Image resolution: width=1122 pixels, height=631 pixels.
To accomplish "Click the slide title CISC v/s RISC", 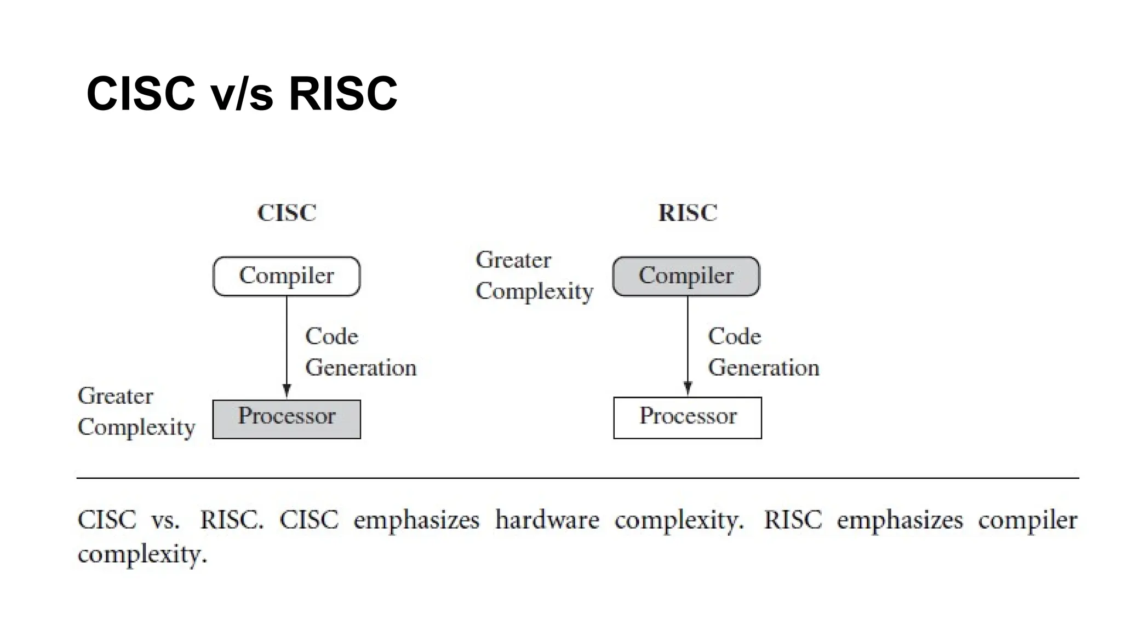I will pyautogui.click(x=242, y=94).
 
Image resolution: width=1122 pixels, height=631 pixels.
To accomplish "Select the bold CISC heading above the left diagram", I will pyautogui.click(x=287, y=213).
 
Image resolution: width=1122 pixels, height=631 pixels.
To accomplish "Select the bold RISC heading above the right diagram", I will pyautogui.click(x=688, y=213).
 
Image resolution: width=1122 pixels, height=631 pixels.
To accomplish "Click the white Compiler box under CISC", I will pyautogui.click(x=287, y=276).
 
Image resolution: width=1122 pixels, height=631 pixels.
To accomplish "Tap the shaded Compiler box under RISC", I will pyautogui.click(x=686, y=276).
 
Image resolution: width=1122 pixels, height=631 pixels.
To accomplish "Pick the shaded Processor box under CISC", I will pyautogui.click(x=287, y=419).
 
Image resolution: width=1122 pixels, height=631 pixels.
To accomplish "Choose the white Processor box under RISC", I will pyautogui.click(x=688, y=418).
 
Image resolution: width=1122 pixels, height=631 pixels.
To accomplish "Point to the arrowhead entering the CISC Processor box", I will pyautogui.click(x=287, y=391).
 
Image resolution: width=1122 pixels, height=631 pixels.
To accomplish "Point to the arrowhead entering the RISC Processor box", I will pyautogui.click(x=688, y=389).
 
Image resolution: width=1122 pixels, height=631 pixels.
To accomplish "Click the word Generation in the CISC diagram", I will pyautogui.click(x=360, y=368).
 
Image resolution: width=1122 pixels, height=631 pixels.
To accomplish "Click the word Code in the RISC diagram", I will pyautogui.click(x=734, y=336).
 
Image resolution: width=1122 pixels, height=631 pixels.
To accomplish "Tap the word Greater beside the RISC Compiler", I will pyautogui.click(x=513, y=260).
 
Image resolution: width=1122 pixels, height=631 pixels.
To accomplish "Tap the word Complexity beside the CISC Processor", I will pyautogui.click(x=136, y=428).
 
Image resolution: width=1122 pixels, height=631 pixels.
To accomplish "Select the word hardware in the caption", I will pyautogui.click(x=547, y=519).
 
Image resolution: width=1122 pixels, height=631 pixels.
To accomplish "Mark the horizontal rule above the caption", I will pyautogui.click(x=577, y=478).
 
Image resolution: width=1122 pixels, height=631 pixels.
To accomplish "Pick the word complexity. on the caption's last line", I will pyautogui.click(x=142, y=554).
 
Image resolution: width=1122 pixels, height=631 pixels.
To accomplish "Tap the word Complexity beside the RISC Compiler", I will pyautogui.click(x=534, y=292).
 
